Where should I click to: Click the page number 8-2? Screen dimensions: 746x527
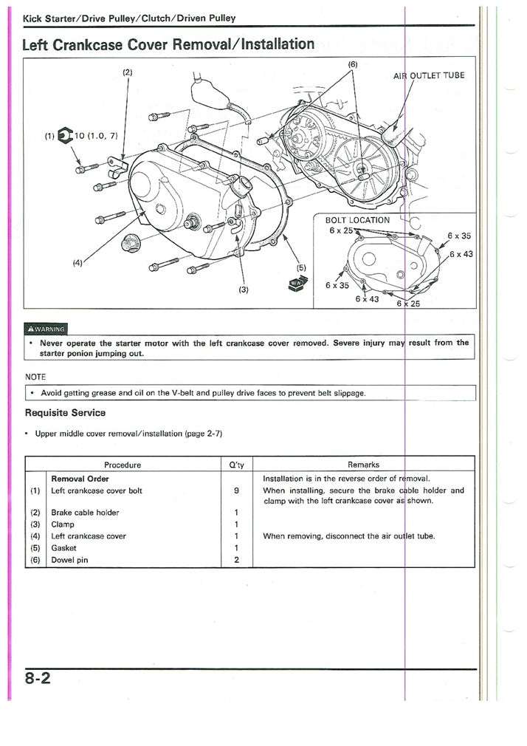click(37, 680)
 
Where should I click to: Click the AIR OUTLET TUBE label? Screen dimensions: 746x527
click(430, 75)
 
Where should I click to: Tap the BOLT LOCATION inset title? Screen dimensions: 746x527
click(357, 219)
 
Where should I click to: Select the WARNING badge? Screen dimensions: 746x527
click(46, 329)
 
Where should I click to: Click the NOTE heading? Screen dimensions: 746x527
click(35, 377)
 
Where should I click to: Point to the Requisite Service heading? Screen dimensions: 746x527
click(65, 412)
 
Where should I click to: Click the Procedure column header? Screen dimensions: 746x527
click(123, 465)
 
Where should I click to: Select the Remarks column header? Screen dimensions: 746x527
click(363, 465)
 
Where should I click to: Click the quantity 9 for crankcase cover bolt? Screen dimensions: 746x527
click(235, 490)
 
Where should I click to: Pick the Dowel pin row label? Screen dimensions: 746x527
click(69, 560)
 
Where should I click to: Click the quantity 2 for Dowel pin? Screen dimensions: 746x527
click(235, 560)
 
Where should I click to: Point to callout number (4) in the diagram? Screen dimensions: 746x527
click(78, 261)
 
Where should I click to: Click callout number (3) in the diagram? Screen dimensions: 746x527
click(244, 290)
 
